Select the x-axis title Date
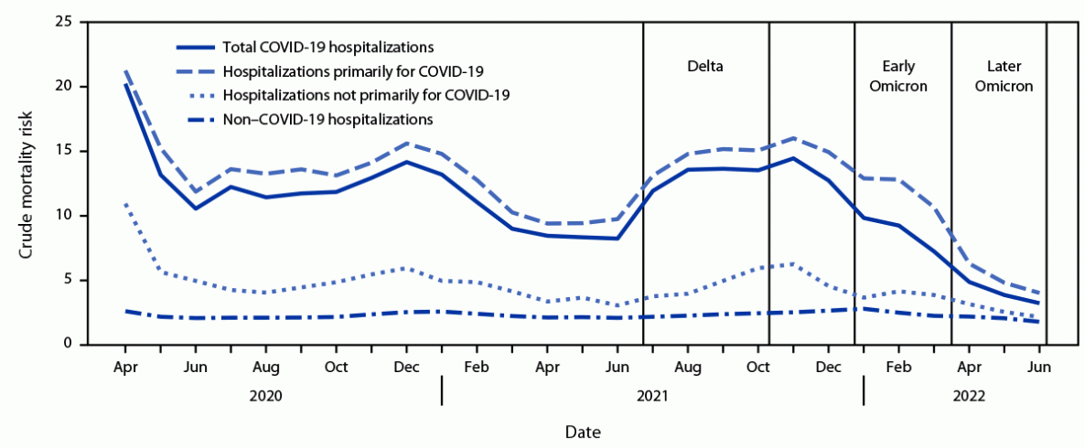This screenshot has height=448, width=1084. tap(583, 430)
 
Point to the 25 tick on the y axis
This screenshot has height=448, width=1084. tap(65, 21)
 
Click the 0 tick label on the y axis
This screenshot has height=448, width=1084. tap(69, 345)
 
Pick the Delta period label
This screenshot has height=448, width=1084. tap(705, 68)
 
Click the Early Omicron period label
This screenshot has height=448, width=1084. tap(904, 77)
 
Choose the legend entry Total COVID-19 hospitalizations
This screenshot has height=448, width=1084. tap(327, 46)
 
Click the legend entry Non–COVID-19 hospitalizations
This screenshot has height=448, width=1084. tap(327, 119)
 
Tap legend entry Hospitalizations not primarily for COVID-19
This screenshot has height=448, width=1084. tap(366, 94)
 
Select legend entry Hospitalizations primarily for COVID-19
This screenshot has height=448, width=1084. tap(353, 70)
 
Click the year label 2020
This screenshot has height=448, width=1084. tap(265, 397)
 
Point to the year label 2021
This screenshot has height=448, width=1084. tap(652, 397)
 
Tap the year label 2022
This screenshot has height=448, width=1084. tap(970, 397)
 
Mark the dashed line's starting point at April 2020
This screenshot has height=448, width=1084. tap(124, 69)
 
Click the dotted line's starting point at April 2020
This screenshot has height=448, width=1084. tap(124, 203)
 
